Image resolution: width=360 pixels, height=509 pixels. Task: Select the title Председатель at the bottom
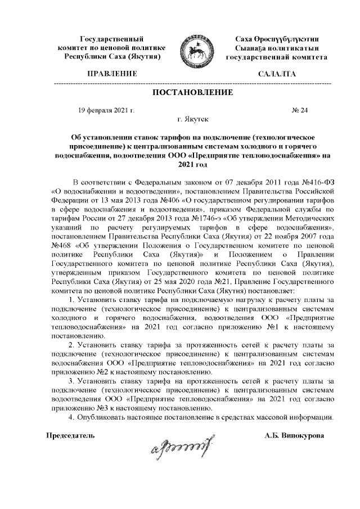click(x=70, y=435)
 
